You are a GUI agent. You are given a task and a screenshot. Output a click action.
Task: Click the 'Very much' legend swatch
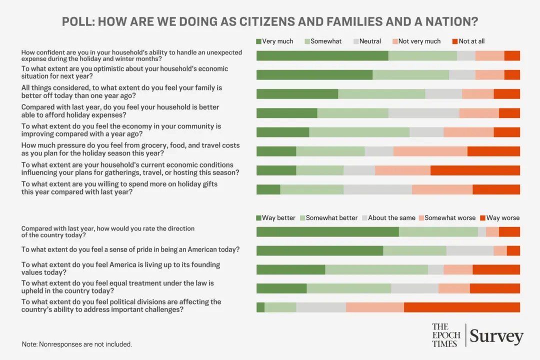tap(259, 41)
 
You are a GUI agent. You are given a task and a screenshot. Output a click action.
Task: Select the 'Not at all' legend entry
tap(471, 41)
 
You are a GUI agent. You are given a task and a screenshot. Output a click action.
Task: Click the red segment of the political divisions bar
tap(461, 307)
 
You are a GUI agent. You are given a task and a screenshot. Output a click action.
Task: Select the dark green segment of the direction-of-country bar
tap(327, 231)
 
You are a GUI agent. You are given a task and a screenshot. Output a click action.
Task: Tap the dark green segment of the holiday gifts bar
tap(268, 189)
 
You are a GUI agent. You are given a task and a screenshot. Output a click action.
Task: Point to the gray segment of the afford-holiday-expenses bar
tap(423, 113)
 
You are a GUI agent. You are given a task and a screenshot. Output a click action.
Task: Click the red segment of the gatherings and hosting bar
tap(475, 170)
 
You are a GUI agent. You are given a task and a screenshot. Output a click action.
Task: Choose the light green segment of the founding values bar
tap(376, 269)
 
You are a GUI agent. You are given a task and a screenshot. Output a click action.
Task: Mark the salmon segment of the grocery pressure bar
tap(430, 151)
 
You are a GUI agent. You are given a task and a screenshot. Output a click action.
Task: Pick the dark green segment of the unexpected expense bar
tap(322, 56)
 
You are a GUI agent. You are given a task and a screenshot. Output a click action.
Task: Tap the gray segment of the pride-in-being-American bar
tap(469, 250)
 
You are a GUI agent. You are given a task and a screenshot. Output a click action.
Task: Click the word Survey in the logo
tap(496, 336)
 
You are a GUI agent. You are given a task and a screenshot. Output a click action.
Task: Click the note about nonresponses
tap(76, 344)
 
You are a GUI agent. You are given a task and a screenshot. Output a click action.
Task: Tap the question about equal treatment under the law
tap(117, 286)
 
